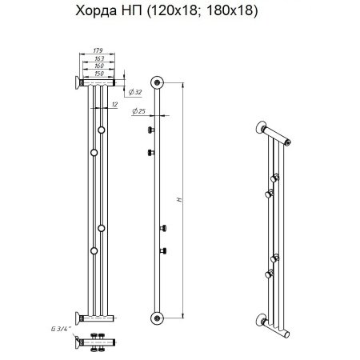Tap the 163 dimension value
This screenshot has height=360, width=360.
tap(99, 60)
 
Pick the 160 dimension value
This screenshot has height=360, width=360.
tap(99, 67)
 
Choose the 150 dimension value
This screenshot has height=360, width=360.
tap(99, 74)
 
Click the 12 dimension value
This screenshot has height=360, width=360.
tap(117, 103)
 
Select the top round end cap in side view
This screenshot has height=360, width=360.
tap(158, 81)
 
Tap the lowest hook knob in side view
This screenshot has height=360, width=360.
tap(166, 251)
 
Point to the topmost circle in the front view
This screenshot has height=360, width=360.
tap(102, 130)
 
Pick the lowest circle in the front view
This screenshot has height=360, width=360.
tap(94, 251)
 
